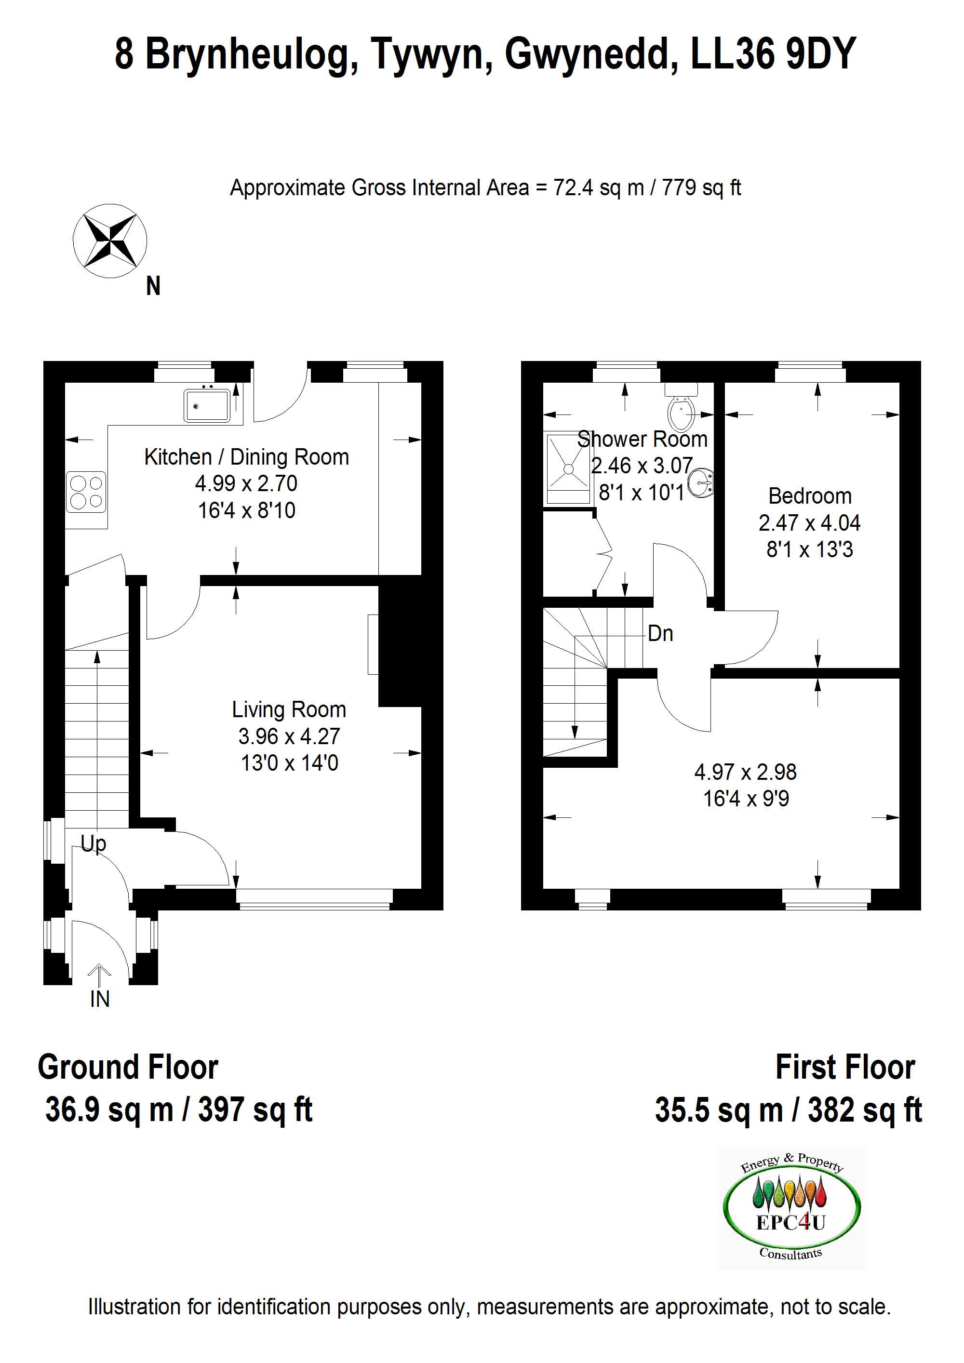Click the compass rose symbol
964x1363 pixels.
click(x=110, y=241)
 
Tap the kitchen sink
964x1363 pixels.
click(x=207, y=405)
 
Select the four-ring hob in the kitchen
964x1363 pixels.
click(x=86, y=492)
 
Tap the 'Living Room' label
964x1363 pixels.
click(x=289, y=709)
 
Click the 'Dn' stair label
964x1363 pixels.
click(x=660, y=633)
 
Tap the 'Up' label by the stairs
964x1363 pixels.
click(x=93, y=843)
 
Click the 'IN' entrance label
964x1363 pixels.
click(x=100, y=999)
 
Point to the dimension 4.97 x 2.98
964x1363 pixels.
click(x=745, y=772)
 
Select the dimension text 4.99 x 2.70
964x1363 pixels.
click(x=246, y=483)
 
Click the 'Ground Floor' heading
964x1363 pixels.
click(x=128, y=1067)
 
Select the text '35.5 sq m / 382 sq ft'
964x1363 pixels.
click(x=788, y=1109)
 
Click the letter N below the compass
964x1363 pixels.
click(x=153, y=286)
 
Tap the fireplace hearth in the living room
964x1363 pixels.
click(x=373, y=644)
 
